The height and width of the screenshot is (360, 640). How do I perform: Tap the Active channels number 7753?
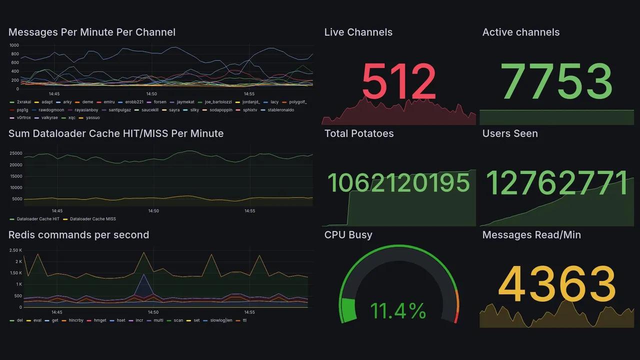tap(557, 82)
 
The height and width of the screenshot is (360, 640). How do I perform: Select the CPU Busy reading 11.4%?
tap(398, 311)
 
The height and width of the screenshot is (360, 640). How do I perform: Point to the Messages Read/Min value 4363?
tap(557, 284)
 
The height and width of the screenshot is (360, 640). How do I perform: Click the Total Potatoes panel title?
tap(359, 133)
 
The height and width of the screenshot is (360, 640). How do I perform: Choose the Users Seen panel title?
tap(510, 133)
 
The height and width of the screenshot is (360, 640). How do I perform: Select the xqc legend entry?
tap(71, 118)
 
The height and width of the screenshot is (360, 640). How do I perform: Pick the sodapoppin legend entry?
tap(219, 110)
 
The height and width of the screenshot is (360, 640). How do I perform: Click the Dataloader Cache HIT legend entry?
tap(38, 219)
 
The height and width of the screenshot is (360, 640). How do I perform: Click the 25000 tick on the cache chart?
tap(15, 153)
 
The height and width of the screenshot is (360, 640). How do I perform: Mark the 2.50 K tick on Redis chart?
tap(15, 250)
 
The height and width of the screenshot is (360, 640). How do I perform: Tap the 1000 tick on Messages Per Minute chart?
tap(14, 45)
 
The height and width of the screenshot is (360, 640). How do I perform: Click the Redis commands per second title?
tap(78, 235)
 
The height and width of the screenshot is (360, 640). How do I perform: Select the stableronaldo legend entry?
tap(281, 110)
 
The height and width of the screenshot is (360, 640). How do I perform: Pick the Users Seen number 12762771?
tap(557, 182)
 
